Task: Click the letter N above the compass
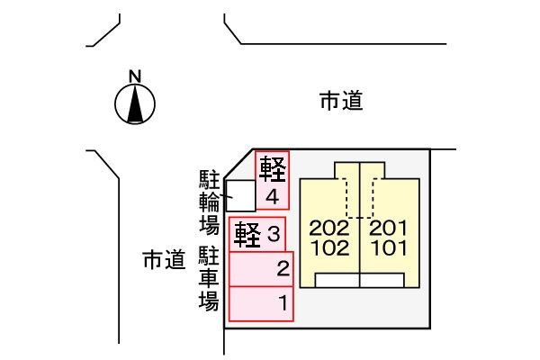click(135, 76)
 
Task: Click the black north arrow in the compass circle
click(135, 104)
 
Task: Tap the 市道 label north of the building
click(341, 101)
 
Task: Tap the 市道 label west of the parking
click(165, 260)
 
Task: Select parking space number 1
click(261, 304)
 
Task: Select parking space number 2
click(261, 269)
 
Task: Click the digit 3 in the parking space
click(274, 234)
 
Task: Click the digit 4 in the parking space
click(273, 197)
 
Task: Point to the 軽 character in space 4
click(273, 169)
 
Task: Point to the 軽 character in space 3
click(247, 235)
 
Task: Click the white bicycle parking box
click(240, 195)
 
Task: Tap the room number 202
click(329, 228)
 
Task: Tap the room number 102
click(330, 248)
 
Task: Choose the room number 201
click(389, 228)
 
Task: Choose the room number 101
click(390, 248)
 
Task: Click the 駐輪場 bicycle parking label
click(210, 202)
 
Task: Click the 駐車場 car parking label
click(209, 278)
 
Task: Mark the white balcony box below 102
click(337, 281)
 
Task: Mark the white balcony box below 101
click(382, 281)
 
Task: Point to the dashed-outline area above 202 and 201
click(360, 198)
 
